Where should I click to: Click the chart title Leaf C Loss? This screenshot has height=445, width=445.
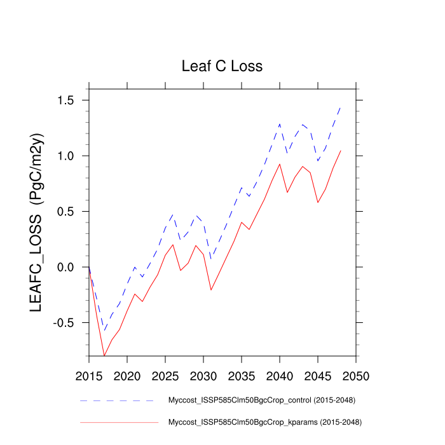(x=222, y=66)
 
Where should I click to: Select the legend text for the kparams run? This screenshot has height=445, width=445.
(x=263, y=421)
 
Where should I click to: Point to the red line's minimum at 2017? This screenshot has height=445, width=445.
(x=104, y=356)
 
